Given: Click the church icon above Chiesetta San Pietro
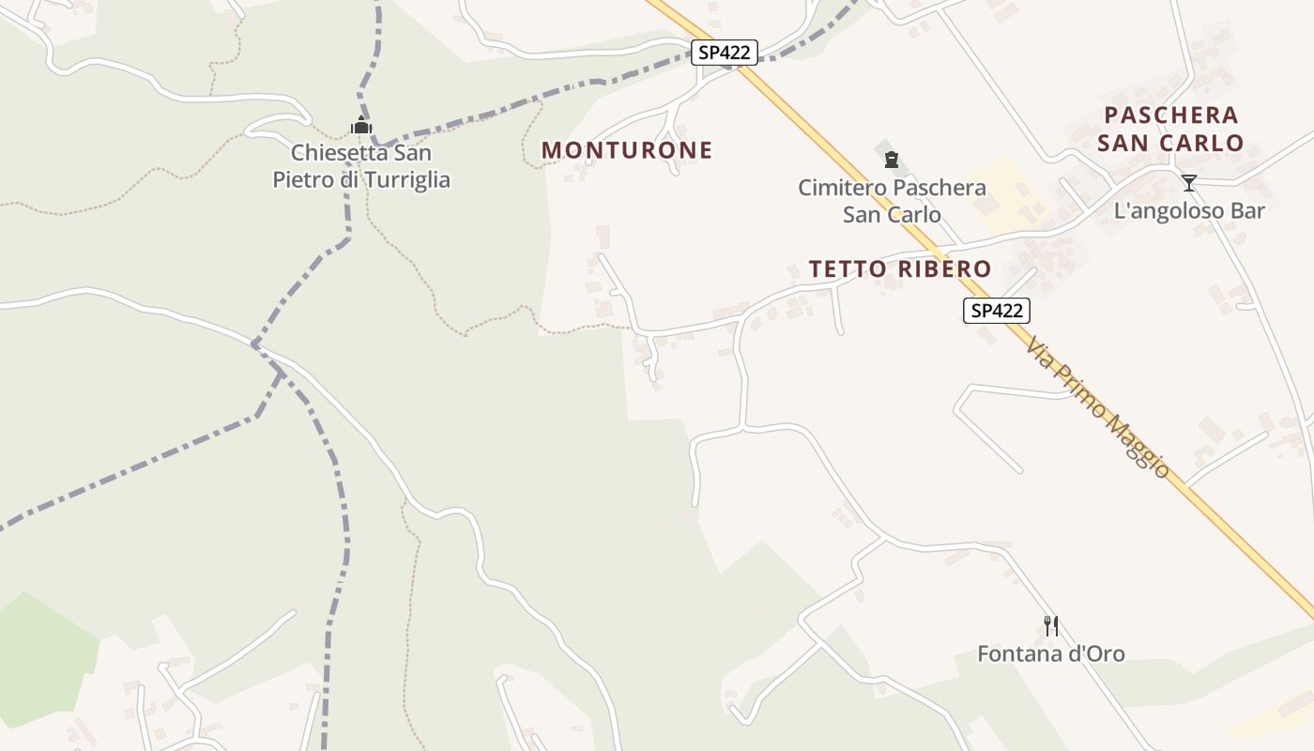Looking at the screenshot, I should click(362, 126).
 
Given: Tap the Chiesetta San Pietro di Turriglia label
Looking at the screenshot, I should click(361, 166).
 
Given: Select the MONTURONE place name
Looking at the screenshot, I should click(627, 150).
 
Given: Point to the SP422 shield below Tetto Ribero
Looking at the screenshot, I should click(997, 311).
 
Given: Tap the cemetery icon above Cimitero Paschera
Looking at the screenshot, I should click(892, 160).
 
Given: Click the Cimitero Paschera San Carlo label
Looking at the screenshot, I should click(892, 201).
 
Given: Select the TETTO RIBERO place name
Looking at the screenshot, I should click(900, 268).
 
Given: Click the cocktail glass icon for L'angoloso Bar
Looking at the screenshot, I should click(1189, 183).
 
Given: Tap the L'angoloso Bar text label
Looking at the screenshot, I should click(1189, 210).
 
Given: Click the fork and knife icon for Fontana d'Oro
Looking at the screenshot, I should click(1051, 625).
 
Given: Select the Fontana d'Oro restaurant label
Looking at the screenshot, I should click(1051, 653).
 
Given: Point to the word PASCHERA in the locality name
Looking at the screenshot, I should click(1171, 115).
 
